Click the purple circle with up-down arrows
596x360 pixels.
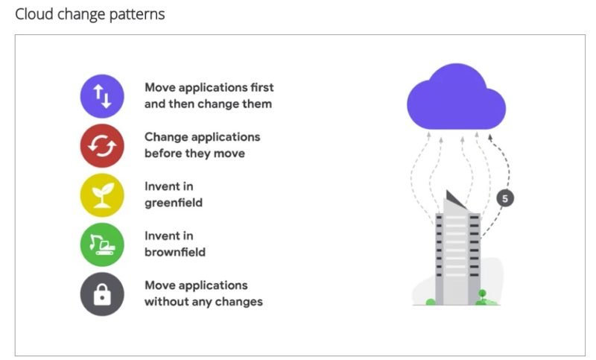[x=102, y=96]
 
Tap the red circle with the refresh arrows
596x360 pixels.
[x=102, y=145]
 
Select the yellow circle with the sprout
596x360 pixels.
[x=102, y=195]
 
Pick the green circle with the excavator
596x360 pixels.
[x=102, y=244]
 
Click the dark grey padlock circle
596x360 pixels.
[x=102, y=294]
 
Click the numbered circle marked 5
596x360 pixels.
[x=505, y=198]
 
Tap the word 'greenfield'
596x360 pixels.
[x=174, y=203]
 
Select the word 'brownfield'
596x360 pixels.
[x=175, y=252]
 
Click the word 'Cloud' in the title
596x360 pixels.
[x=34, y=14]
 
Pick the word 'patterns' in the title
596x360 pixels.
[x=137, y=15]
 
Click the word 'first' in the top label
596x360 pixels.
[x=262, y=87]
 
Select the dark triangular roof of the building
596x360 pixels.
[x=454, y=200]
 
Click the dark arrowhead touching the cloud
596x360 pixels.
[x=490, y=137]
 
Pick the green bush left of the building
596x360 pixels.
[x=431, y=302]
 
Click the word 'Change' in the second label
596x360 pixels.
[x=164, y=138]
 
